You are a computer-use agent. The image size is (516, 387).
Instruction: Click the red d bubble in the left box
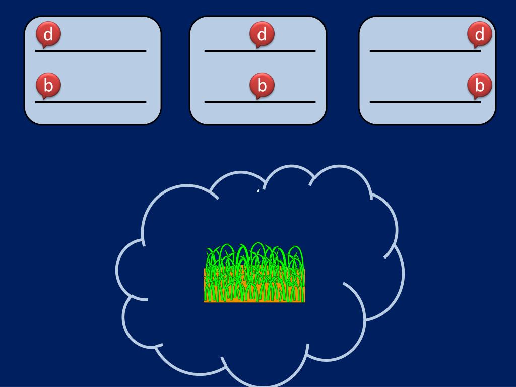pyautogui.click(x=48, y=35)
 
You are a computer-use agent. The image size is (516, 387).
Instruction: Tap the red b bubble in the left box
pyautogui.click(x=48, y=85)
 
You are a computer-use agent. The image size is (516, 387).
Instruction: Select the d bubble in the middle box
pyautogui.click(x=262, y=35)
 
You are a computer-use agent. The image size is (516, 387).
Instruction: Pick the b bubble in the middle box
pyautogui.click(x=262, y=85)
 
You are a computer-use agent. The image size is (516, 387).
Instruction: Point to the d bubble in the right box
pyautogui.click(x=479, y=35)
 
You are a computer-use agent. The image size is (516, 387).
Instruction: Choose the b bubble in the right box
pyautogui.click(x=479, y=85)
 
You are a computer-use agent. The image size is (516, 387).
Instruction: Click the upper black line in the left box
pyautogui.click(x=91, y=51)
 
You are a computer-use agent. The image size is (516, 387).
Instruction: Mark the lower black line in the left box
pyautogui.click(x=91, y=102)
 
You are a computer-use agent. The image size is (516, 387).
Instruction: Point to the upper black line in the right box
pyautogui.click(x=418, y=51)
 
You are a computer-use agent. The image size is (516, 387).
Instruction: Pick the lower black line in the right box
pyautogui.click(x=418, y=102)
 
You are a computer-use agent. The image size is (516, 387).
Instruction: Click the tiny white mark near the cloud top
pyautogui.click(x=258, y=191)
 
